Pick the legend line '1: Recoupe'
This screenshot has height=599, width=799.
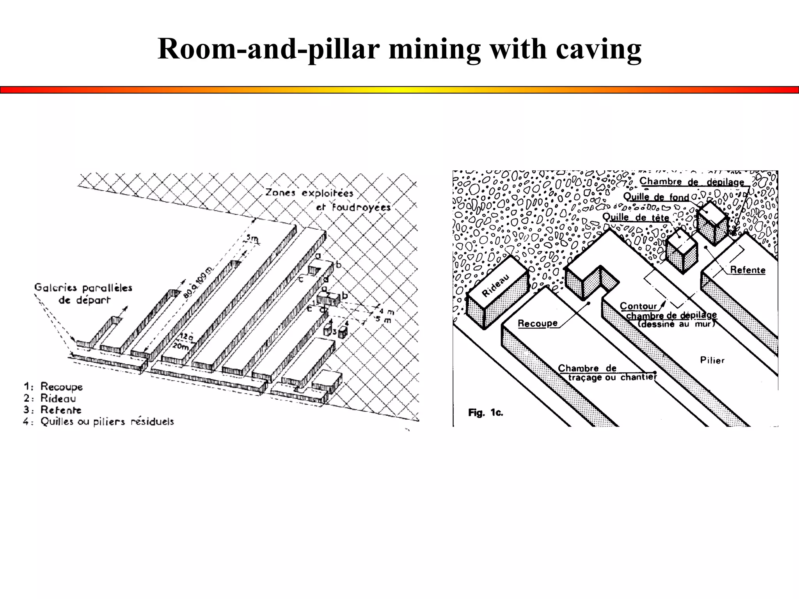coord(53,386)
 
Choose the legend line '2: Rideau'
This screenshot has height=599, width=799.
coord(50,398)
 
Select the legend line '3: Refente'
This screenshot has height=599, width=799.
coord(53,410)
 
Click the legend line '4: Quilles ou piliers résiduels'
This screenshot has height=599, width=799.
coord(98,422)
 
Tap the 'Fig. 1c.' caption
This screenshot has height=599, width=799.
coord(485,413)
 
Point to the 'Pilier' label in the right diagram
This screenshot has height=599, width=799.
coord(712,360)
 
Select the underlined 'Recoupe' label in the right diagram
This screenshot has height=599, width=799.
coord(537,323)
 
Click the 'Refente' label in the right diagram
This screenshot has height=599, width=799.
coord(748,270)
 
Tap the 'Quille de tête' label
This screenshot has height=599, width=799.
coord(636,217)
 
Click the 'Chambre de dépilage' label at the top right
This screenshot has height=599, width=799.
coord(692,182)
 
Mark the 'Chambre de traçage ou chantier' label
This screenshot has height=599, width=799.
coord(607,373)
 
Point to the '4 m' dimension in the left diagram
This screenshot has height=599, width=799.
coord(386,311)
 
